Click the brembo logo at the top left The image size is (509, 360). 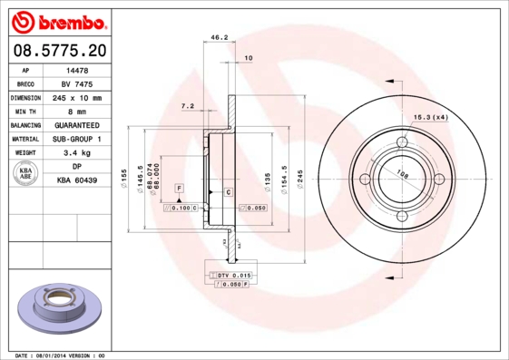pyautogui.click(x=57, y=20)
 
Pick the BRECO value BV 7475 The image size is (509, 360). pyautogui.click(x=77, y=83)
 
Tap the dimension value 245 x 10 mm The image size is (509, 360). pyautogui.click(x=77, y=97)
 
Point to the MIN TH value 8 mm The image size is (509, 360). pyautogui.click(x=77, y=111)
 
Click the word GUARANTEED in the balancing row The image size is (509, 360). pyautogui.click(x=77, y=125)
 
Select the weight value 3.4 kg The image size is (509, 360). pyautogui.click(x=77, y=153)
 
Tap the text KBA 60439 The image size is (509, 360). pyautogui.click(x=77, y=181)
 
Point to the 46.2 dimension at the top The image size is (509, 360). pyautogui.click(x=218, y=38)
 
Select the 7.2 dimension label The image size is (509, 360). pyautogui.click(x=188, y=106)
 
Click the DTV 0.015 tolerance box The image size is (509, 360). pyautogui.click(x=234, y=274)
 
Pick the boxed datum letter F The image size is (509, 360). pyautogui.click(x=180, y=187)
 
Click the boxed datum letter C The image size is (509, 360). pyautogui.click(x=228, y=193)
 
